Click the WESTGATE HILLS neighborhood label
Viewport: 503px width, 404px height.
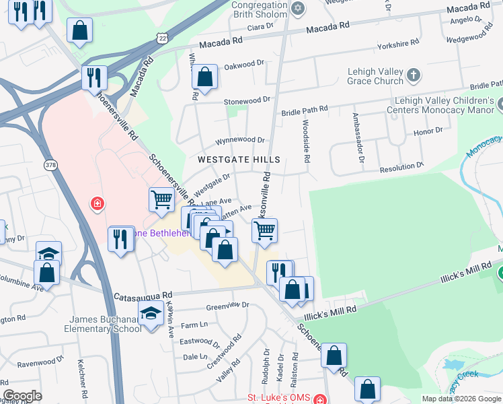click(238, 160)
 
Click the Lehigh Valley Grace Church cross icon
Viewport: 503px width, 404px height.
click(413, 74)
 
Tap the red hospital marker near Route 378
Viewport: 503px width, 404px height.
click(98, 203)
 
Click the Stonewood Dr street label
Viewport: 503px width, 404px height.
click(247, 100)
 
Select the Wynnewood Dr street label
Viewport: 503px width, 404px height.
click(240, 140)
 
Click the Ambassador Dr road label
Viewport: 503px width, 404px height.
click(358, 138)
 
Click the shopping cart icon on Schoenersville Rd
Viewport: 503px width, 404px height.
click(161, 199)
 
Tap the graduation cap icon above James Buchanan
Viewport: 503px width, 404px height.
click(151, 312)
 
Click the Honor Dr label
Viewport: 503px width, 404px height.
click(429, 131)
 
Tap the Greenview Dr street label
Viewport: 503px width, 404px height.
click(227, 305)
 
